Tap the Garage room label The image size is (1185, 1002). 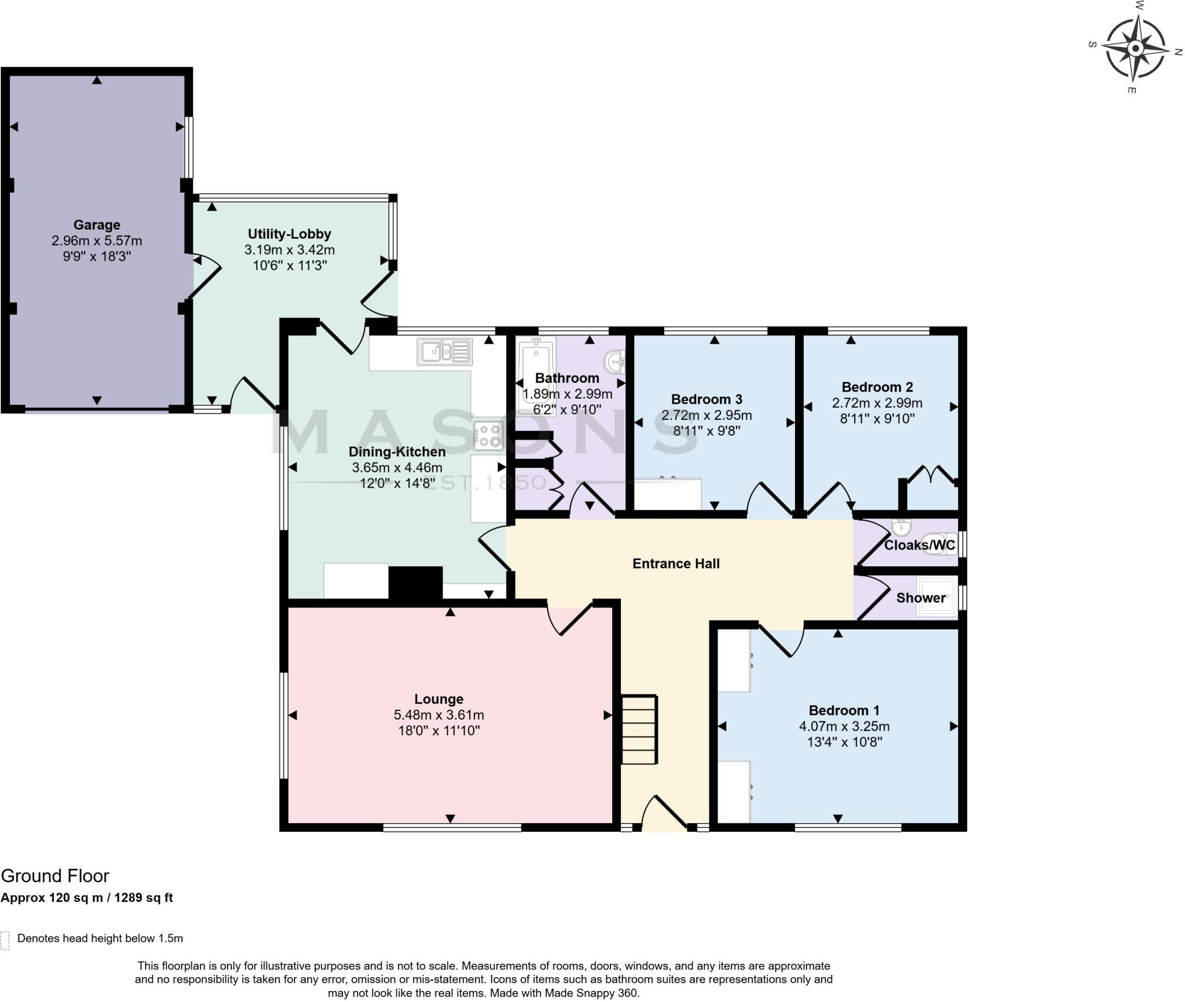[x=97, y=225]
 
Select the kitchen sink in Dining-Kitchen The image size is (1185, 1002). [x=444, y=352]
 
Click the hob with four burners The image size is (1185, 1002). [x=488, y=436]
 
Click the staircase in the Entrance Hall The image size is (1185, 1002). [x=639, y=730]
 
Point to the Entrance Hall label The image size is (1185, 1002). [x=676, y=563]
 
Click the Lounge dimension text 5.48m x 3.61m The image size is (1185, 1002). [x=439, y=715]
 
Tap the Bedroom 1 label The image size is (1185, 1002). [x=844, y=710]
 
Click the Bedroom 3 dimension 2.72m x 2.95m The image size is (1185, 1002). [x=706, y=415]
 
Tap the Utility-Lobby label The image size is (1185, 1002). [x=289, y=234]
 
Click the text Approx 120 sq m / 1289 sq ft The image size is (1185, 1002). [x=87, y=898]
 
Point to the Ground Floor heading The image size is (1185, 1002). [x=55, y=876]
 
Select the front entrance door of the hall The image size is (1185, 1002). [x=664, y=815]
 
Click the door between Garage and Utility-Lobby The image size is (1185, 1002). [x=206, y=277]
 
